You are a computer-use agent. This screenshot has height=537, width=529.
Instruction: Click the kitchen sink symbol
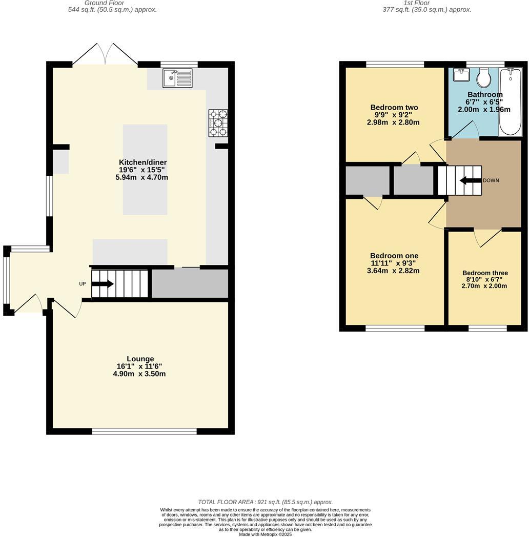point(177,78)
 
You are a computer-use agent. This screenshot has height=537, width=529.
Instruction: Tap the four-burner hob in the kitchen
point(218,123)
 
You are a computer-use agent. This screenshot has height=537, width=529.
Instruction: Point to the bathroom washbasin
point(461,75)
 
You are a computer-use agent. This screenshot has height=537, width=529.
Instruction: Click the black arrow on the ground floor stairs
point(103,284)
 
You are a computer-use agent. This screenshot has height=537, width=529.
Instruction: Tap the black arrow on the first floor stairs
point(470,180)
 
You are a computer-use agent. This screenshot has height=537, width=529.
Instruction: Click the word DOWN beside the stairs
point(491,180)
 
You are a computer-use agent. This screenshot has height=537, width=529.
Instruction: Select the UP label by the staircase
point(82,284)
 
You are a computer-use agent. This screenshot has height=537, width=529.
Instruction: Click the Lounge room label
point(140,359)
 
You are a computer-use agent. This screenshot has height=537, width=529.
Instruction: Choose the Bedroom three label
point(484,273)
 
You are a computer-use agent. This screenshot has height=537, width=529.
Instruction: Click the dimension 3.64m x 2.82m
point(393,271)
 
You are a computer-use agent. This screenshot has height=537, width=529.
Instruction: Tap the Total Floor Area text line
point(265,502)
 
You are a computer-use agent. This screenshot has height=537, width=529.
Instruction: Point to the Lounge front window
point(144,431)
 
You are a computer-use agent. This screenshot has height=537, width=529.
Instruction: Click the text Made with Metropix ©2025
point(265,534)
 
